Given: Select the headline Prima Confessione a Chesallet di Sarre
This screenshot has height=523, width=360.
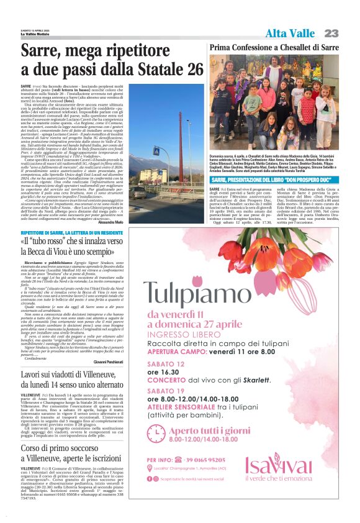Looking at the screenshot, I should click(274, 47).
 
